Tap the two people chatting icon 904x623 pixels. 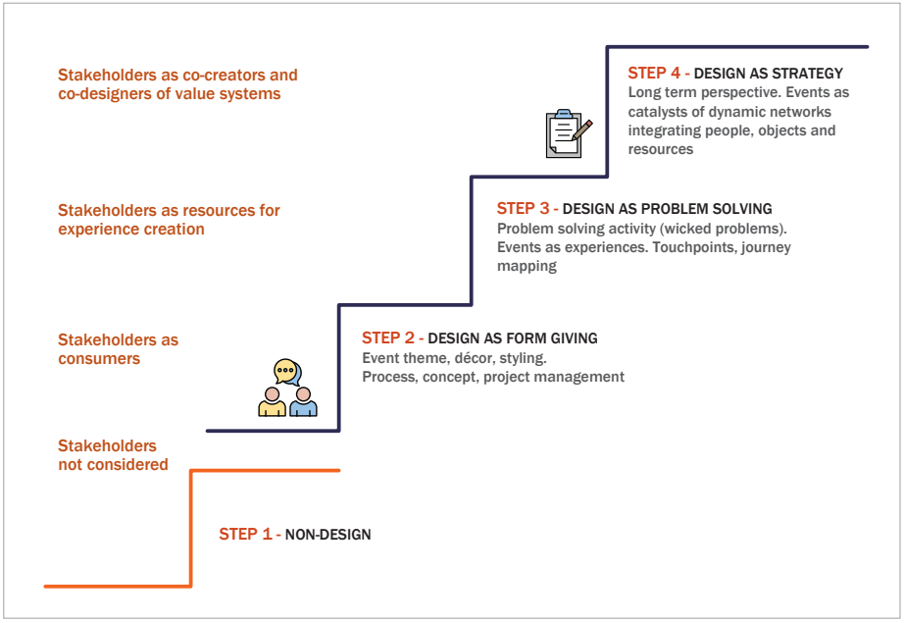click(287, 389)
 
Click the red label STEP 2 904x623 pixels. click(388, 337)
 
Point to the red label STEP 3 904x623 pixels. click(524, 208)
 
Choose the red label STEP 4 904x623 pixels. click(655, 73)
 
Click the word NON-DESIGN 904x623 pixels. click(328, 535)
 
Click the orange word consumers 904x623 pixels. click(99, 359)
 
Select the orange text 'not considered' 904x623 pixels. click(113, 465)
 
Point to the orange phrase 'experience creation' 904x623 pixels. click(131, 230)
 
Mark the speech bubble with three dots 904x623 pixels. click(285, 371)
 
